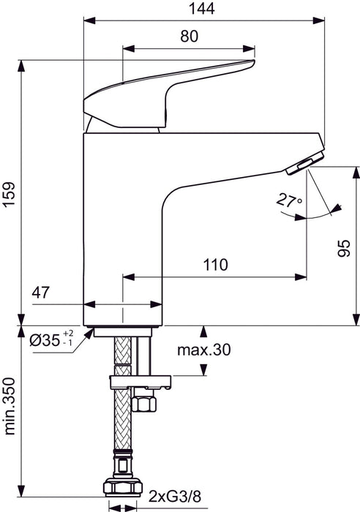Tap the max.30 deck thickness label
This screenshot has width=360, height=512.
pos(203,350)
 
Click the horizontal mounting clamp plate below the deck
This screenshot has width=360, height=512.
pos(139,381)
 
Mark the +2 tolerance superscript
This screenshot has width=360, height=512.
pos(68,334)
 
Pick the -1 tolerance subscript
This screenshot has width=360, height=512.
pos(68,343)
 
